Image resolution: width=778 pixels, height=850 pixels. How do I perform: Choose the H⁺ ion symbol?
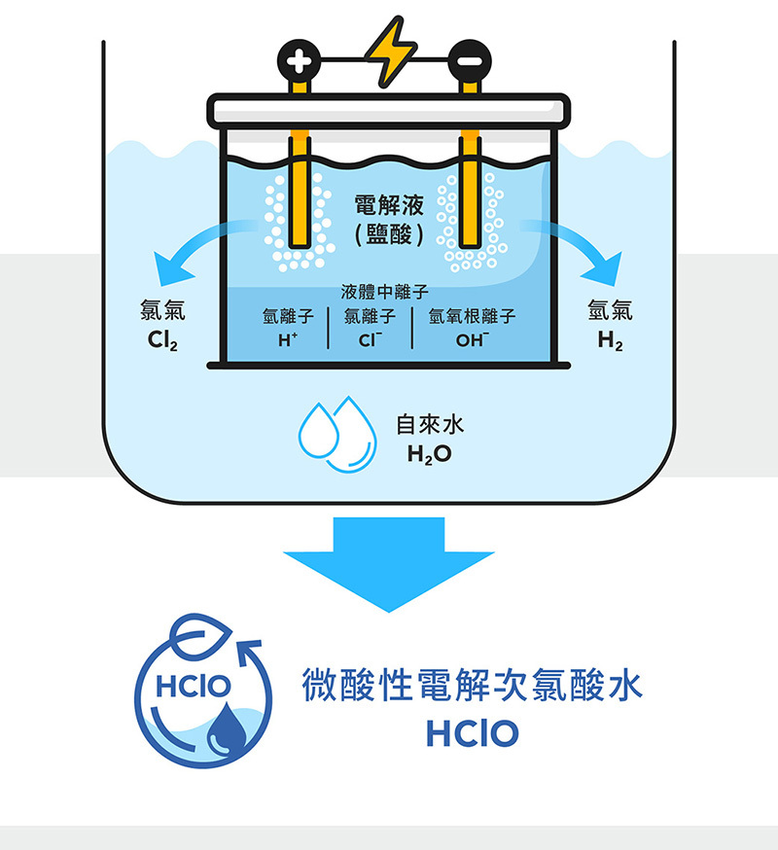point(286,340)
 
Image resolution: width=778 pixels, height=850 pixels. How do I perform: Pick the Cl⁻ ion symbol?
point(369,340)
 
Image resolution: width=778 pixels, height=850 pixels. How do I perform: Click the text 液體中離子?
point(385,291)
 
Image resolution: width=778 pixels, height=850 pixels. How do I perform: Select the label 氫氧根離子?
point(472,317)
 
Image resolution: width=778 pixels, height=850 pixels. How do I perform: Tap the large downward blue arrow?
point(389,564)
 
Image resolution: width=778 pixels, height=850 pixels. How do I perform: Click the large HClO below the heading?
point(472,733)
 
